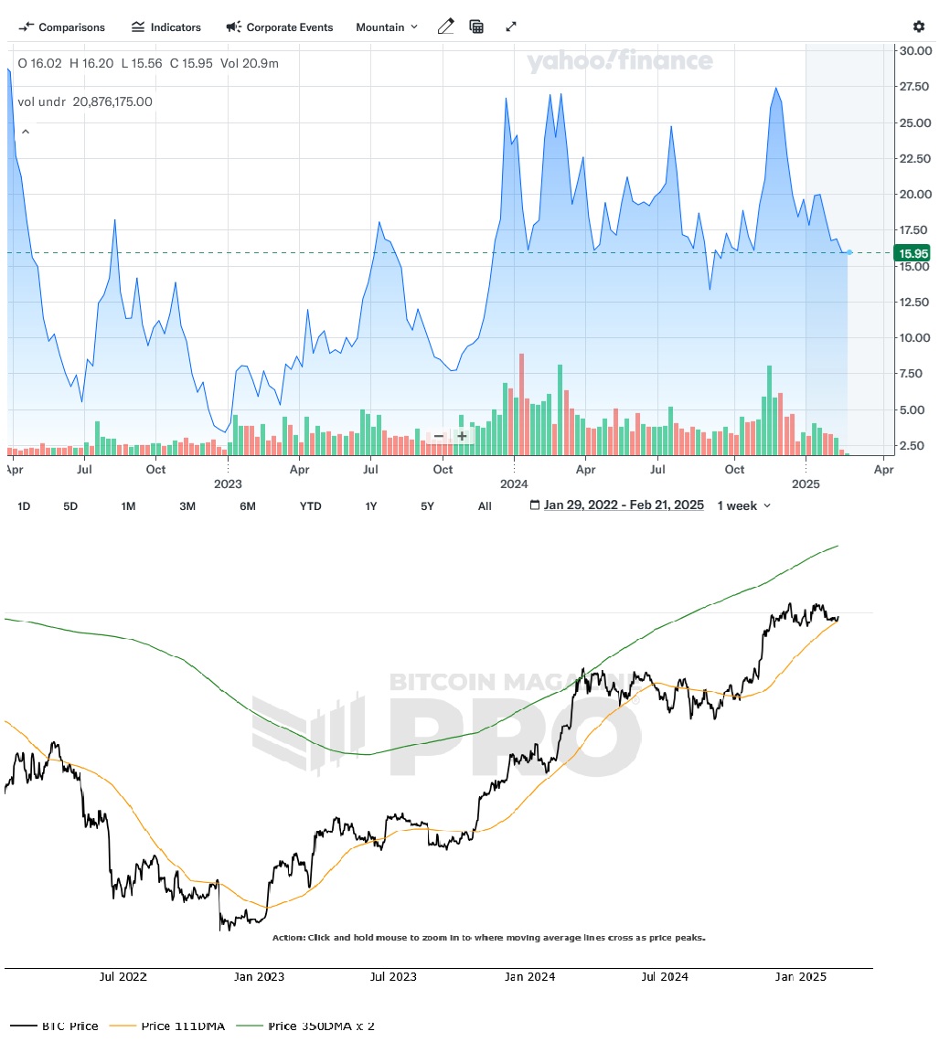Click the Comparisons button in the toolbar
62,27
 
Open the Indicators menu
166,27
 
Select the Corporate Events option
280,27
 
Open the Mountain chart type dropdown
387,27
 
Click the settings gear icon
918,27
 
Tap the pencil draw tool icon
445,27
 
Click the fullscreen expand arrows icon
511,27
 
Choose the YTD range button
311,505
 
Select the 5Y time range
427,505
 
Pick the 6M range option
247,505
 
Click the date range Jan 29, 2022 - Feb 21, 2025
623,505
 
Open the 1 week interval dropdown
743,505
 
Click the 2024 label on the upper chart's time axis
514,484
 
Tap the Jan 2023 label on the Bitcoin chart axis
259,976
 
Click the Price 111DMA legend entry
183,1026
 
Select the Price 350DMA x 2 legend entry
321,1026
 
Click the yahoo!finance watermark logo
619,61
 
